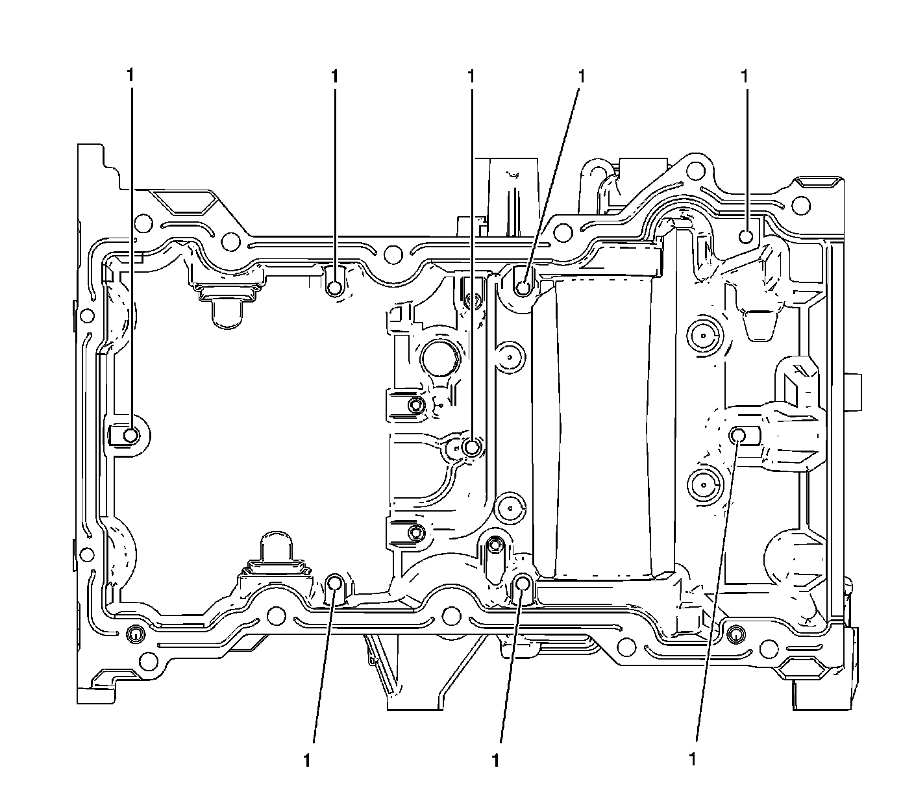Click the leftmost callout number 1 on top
pos(130,76)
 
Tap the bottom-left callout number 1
pos(306,760)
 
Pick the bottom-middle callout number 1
pos(496,760)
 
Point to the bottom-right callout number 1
pos(693,759)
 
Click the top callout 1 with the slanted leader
pos(582,76)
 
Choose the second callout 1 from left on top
pos(334,76)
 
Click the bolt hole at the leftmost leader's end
pos(131,435)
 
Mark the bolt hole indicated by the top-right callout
pos(747,236)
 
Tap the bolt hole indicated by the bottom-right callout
pos(738,435)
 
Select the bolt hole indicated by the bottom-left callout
pos(335,583)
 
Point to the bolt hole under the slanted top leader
pos(523,286)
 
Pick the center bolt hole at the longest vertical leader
pos(473,447)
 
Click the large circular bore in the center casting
pos(441,358)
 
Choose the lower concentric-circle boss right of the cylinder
pos(703,483)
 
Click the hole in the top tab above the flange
pos(697,171)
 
